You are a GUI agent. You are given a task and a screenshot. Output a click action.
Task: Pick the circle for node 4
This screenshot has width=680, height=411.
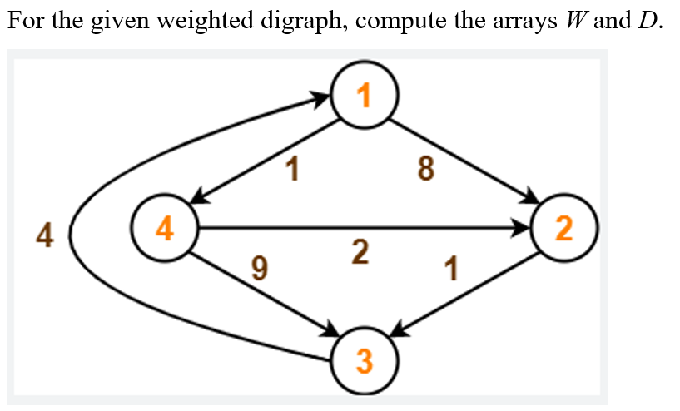click(x=165, y=228)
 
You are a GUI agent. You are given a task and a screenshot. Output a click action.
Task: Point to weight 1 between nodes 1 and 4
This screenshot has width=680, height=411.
click(x=290, y=170)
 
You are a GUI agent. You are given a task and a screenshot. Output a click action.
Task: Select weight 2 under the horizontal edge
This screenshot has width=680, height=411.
click(x=360, y=251)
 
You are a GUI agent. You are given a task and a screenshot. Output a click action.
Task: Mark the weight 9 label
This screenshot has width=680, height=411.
click(x=260, y=269)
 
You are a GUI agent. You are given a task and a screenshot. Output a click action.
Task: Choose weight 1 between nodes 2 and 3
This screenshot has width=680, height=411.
click(x=452, y=270)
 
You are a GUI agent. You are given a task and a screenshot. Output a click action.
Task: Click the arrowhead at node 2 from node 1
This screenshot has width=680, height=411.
click(x=529, y=199)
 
